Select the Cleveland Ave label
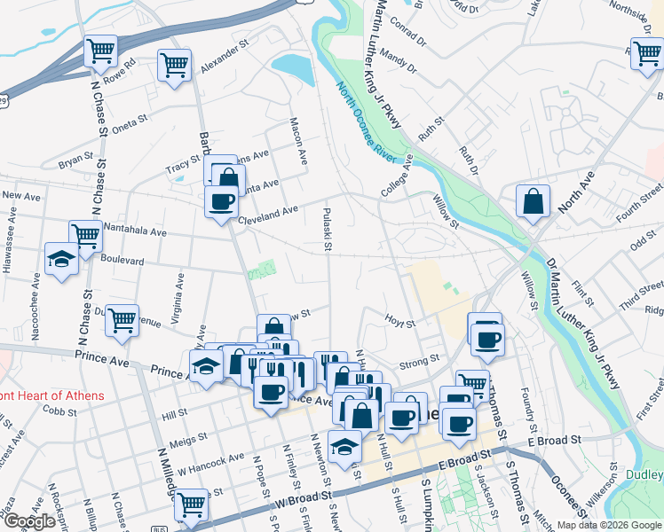[x=272, y=214]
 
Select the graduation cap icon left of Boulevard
[x=61, y=259]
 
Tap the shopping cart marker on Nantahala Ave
[x=85, y=236]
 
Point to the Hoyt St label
[x=400, y=320]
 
